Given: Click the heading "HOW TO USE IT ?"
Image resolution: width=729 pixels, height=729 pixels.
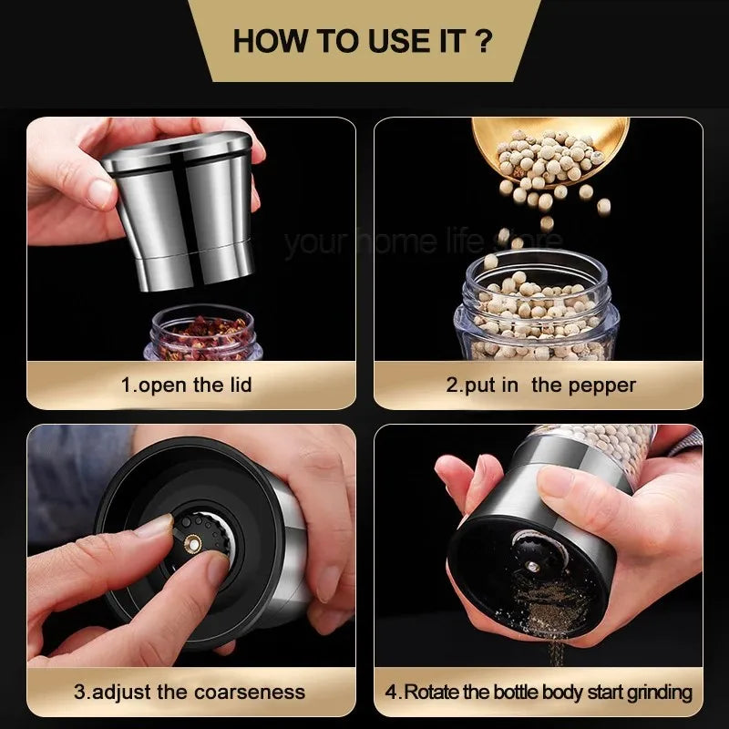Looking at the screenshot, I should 364,40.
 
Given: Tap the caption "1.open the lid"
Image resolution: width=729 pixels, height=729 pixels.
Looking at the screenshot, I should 186,385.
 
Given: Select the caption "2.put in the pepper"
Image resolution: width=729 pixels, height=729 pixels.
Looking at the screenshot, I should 540,385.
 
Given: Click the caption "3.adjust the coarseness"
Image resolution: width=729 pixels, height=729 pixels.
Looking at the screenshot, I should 190,691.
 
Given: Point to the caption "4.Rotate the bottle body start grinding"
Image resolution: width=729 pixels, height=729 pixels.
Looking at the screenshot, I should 538,692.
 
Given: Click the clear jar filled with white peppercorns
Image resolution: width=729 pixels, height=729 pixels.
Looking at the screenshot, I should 538,310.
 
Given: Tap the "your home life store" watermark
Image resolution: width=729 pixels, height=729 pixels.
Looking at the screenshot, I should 424,242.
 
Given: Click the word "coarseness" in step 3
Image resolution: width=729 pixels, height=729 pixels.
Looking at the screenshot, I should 258,691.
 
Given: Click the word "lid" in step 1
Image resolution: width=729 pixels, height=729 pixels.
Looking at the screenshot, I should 239,385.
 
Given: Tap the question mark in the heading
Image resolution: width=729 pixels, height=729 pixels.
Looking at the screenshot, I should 485,40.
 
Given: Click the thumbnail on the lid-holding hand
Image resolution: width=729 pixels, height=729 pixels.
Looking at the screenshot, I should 100,192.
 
